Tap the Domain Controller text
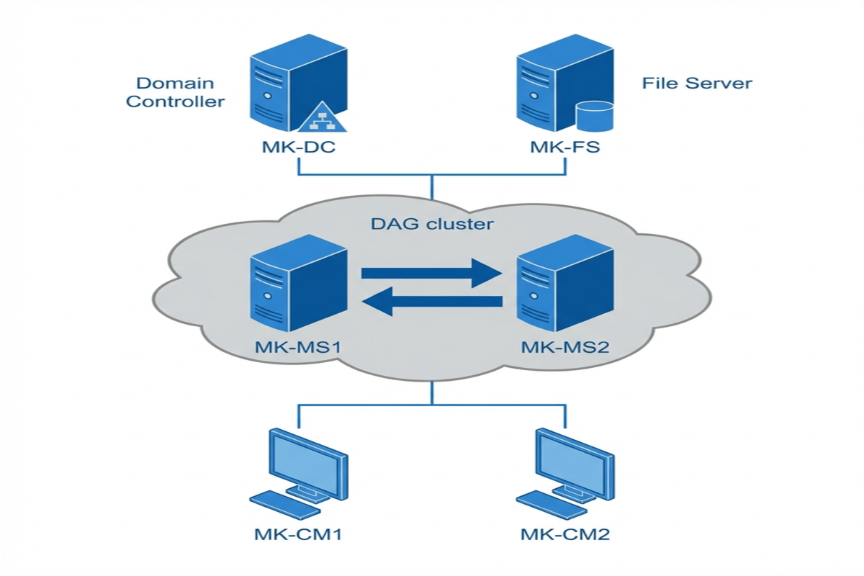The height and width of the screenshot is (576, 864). (175, 92)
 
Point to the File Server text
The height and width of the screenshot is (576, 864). (696, 83)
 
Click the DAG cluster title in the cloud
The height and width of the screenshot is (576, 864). (432, 224)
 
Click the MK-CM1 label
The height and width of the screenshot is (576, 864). (297, 534)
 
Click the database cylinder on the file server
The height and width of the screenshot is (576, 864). (595, 117)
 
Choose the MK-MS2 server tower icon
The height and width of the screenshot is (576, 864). (565, 284)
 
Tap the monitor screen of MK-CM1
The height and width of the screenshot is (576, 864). (307, 461)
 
